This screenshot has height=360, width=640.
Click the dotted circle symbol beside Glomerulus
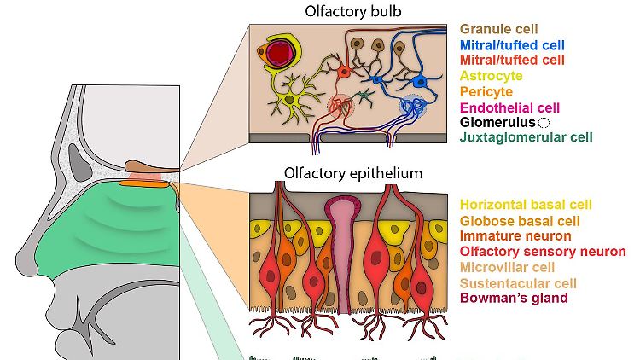[x=544, y=122]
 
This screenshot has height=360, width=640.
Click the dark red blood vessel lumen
[x=279, y=54]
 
